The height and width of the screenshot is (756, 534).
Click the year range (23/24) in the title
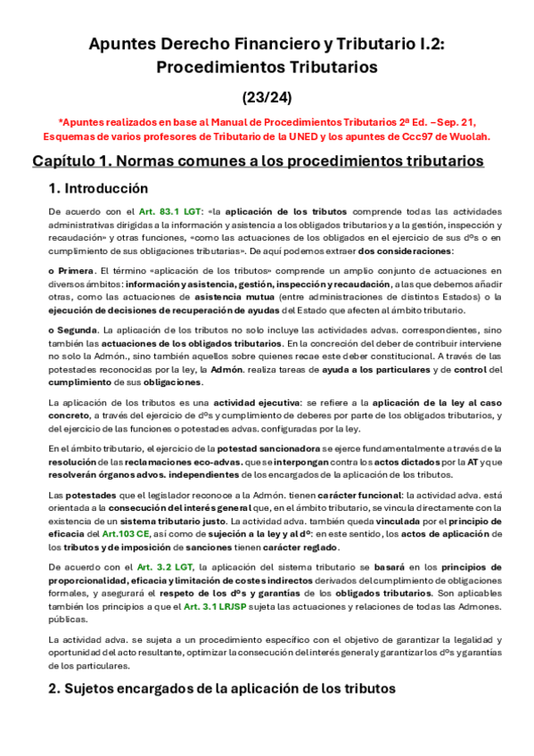click(267, 95)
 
